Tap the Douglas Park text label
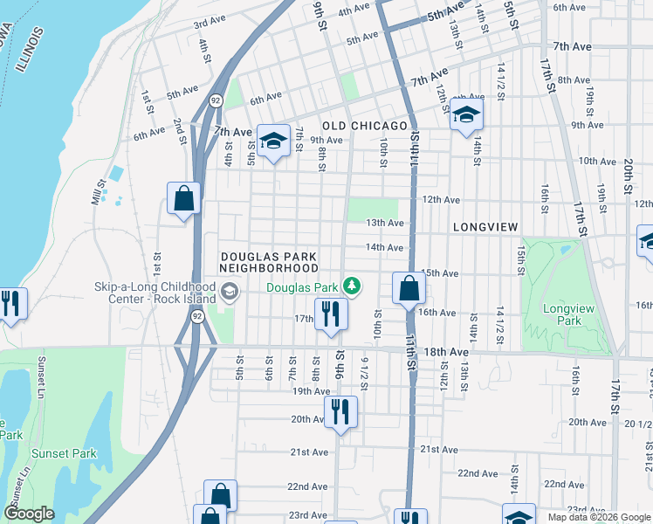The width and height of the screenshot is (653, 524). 301,286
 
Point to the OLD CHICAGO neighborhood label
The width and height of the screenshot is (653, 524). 364,126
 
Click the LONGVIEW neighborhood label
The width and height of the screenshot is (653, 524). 486,227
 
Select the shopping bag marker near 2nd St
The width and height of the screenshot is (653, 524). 184,199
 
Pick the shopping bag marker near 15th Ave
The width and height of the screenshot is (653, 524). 409,287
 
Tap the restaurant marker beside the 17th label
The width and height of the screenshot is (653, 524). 330,314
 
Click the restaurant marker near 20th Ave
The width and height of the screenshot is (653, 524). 340,411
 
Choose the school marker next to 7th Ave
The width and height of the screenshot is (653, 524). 273,141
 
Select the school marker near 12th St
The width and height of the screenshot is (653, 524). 466,114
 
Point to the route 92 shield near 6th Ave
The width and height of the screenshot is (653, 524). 215,101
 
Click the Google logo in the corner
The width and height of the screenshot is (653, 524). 30,514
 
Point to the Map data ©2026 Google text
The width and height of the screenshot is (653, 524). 598,517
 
